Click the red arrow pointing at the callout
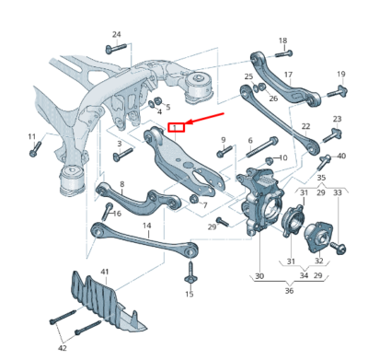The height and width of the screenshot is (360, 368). (x=205, y=119)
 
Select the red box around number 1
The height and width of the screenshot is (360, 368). (x=175, y=126)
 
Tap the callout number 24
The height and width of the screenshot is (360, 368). (x=116, y=35)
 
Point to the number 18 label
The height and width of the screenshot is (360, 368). (x=282, y=41)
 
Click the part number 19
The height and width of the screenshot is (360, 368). (x=340, y=74)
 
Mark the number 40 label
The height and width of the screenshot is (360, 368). (x=341, y=156)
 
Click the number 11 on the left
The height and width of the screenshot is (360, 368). (x=32, y=137)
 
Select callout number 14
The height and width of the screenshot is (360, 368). (x=146, y=225)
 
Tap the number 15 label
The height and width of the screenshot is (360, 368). (x=190, y=294)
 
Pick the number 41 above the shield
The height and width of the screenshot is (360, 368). (x=104, y=272)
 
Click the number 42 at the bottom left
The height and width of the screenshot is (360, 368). (x=63, y=348)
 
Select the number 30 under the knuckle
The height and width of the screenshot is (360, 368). (x=259, y=275)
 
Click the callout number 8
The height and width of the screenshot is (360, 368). (x=121, y=185)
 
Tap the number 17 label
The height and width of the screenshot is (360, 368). (x=288, y=75)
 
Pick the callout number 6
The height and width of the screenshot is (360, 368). (x=249, y=141)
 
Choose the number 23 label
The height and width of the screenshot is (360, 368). (x=337, y=120)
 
